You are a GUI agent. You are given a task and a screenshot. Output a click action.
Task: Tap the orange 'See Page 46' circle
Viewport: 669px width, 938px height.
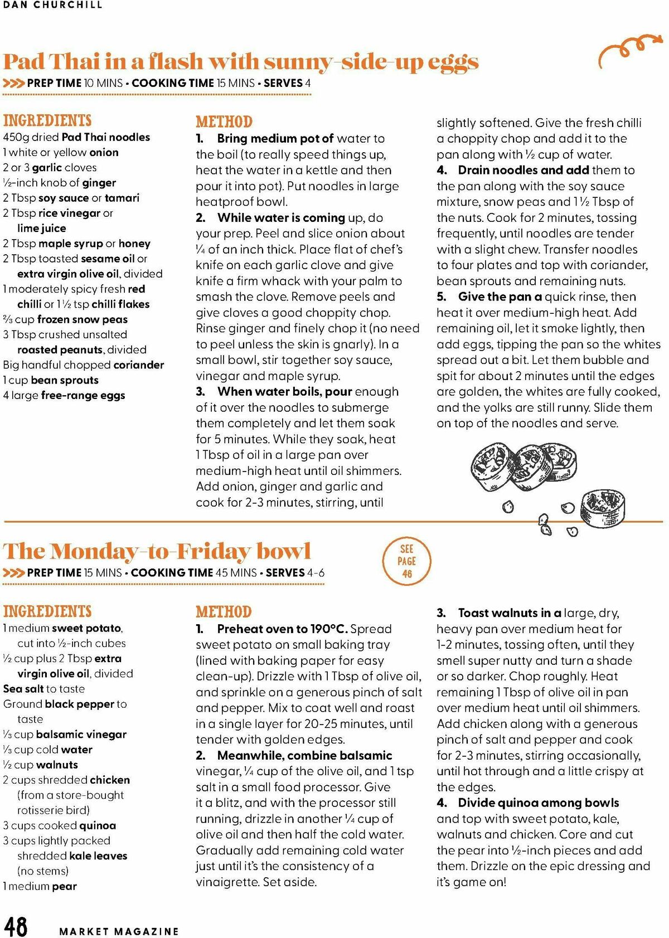pos(407,561)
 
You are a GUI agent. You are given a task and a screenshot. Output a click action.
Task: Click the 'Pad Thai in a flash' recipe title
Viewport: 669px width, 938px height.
pos(241,61)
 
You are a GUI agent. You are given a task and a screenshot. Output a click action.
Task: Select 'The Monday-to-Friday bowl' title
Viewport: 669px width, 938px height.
pos(157,551)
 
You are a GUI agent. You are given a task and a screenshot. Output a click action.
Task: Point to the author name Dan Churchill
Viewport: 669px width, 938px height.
pos(53,5)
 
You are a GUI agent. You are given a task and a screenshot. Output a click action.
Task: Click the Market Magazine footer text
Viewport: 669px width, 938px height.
pos(119,931)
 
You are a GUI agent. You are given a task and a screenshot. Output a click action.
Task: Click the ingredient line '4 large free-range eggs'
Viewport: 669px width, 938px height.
pos(64,396)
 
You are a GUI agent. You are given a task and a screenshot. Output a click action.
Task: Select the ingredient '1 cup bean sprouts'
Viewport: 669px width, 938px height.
pos(51,381)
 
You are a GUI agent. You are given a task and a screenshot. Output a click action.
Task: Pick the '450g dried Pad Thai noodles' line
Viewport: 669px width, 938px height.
pos(76,137)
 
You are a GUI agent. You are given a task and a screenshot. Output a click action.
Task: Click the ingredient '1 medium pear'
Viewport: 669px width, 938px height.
pos(40,886)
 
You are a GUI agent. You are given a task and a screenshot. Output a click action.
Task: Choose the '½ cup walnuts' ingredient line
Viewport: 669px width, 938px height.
pos(41,765)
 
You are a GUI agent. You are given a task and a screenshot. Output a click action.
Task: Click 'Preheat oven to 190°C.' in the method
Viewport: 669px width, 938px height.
pos(282,629)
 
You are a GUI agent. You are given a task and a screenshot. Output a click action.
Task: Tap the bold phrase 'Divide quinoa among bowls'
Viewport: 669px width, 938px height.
pos(538,803)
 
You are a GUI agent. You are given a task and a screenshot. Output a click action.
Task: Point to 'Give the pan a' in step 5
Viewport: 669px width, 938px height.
pos(500,297)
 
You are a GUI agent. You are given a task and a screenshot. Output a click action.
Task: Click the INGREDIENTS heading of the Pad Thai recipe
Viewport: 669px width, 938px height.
pos(47,120)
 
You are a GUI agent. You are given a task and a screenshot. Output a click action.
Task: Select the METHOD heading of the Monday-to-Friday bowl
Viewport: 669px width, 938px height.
pos(224,611)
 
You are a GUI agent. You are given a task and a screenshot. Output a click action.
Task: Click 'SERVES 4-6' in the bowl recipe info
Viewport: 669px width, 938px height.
pos(295,572)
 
